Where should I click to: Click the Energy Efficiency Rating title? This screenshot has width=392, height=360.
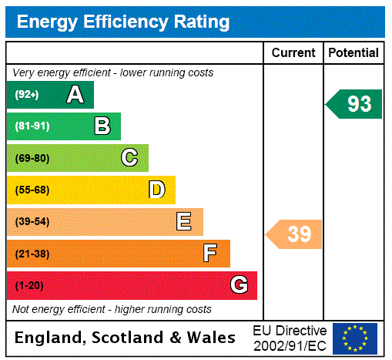pos(123,22)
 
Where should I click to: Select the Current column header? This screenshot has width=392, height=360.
pos(293,53)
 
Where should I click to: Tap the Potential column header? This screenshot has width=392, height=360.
pos(353,53)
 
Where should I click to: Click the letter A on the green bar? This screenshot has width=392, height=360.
pos(75,95)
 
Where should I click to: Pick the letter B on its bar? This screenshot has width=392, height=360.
pos(102,126)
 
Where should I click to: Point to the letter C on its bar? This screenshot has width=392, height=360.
pos(129,158)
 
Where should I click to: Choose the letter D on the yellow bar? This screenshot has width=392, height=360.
pos(157,190)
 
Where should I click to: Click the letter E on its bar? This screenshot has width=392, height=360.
pos(184,222)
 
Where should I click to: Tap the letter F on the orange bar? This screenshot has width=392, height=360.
pos(210,254)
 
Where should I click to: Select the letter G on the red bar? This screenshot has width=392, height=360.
pos(239,285)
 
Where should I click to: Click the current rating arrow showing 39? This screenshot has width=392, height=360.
pos(294,234)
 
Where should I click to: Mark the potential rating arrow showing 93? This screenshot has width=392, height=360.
pos(354,104)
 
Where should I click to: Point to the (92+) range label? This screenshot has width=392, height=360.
pos(27,95)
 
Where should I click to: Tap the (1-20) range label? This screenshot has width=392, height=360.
pos(29,286)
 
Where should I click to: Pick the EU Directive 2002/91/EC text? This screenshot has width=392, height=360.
pos(290,338)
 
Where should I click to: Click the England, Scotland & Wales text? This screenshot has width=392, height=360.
pos(126,338)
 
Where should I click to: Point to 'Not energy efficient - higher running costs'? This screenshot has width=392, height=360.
pos(112,309)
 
